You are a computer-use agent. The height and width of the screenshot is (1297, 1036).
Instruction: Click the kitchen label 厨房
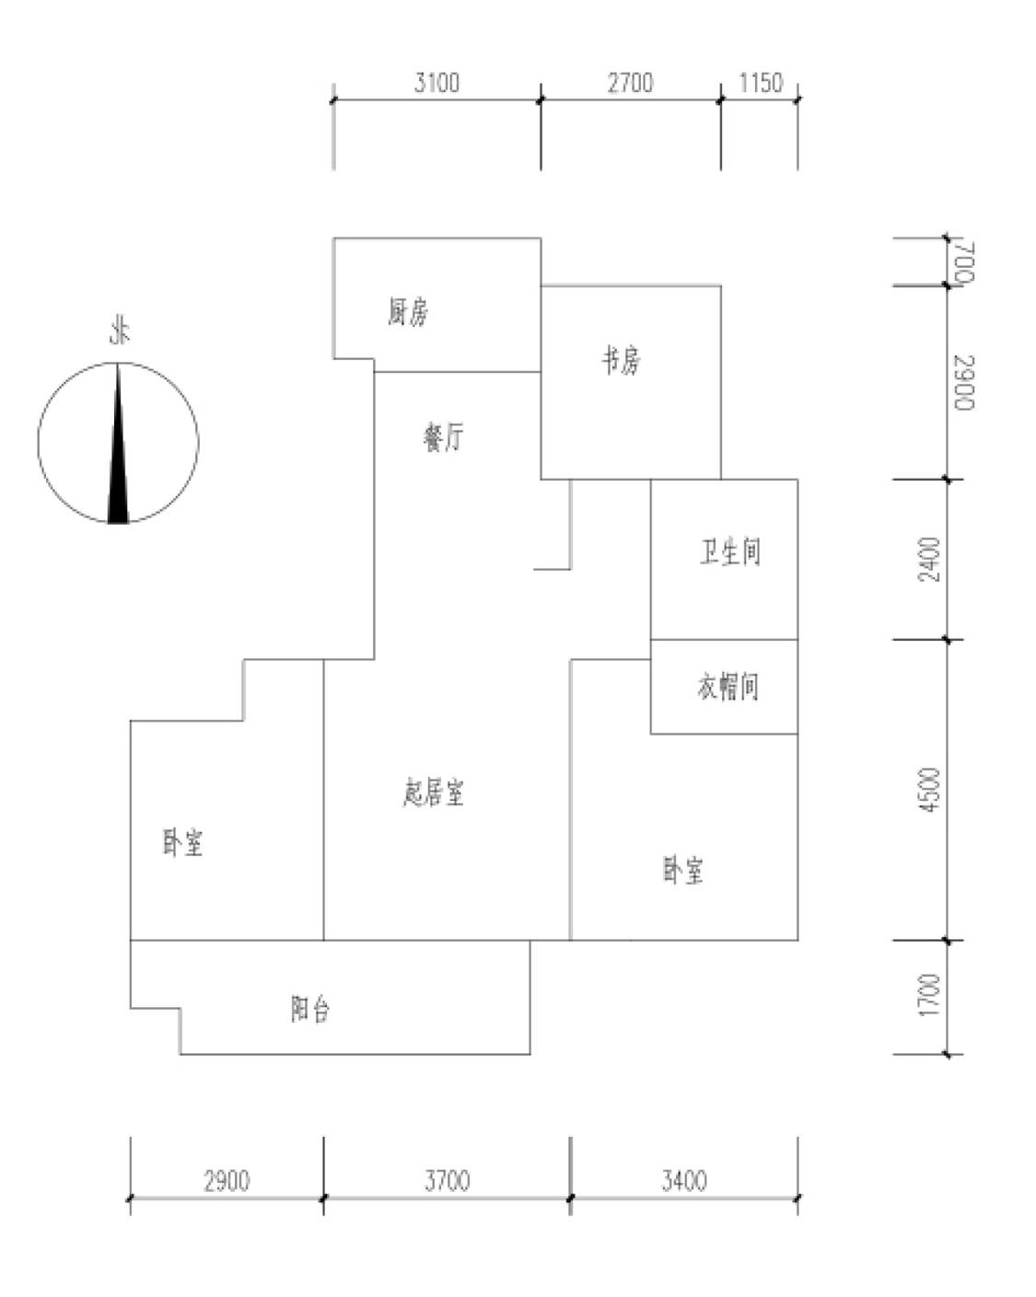407,313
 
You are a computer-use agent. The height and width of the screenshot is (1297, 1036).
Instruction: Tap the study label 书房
622,360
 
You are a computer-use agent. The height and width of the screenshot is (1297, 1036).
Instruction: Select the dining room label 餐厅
443,437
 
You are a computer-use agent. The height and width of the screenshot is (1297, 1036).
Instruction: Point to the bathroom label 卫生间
730,552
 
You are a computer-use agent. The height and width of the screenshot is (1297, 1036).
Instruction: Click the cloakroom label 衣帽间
728,687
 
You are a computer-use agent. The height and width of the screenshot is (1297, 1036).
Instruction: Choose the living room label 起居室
434,793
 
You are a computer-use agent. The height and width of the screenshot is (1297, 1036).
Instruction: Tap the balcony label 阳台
310,1010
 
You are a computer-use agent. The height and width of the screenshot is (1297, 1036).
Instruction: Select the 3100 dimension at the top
437,84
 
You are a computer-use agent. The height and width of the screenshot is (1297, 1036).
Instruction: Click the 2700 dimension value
630,84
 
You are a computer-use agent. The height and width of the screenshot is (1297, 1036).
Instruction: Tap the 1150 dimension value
760,84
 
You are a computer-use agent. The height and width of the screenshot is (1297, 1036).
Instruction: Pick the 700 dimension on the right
963,262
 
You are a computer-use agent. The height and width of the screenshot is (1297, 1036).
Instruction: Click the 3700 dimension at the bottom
447,1180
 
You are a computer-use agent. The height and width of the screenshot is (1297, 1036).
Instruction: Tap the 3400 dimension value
683,1180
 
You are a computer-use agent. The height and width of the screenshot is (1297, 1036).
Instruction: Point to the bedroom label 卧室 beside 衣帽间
682,870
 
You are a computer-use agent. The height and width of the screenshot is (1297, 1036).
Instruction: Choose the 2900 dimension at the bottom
227,1180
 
